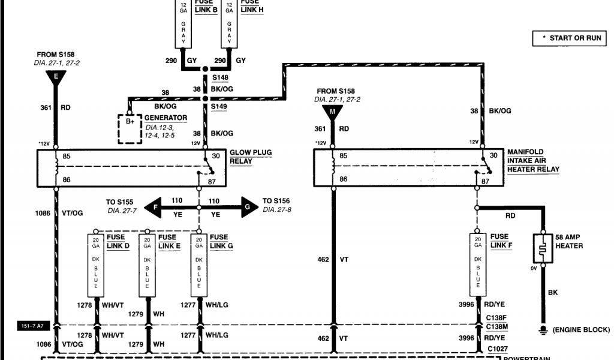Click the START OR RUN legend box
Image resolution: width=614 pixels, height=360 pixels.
click(x=570, y=38)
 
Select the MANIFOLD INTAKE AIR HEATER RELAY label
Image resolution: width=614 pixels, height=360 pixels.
click(x=533, y=161)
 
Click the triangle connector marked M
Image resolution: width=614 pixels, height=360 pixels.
click(x=332, y=111)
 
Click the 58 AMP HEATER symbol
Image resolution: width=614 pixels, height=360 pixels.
click(x=543, y=246)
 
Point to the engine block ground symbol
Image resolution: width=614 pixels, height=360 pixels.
click(x=543, y=329)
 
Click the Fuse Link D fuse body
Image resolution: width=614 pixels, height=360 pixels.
click(x=94, y=264)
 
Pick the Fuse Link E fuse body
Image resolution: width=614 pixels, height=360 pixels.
click(x=146, y=264)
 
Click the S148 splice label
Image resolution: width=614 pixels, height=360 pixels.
click(x=219, y=77)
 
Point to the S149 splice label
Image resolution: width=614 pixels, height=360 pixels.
click(x=219, y=106)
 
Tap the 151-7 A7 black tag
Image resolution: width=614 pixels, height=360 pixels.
click(x=31, y=326)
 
